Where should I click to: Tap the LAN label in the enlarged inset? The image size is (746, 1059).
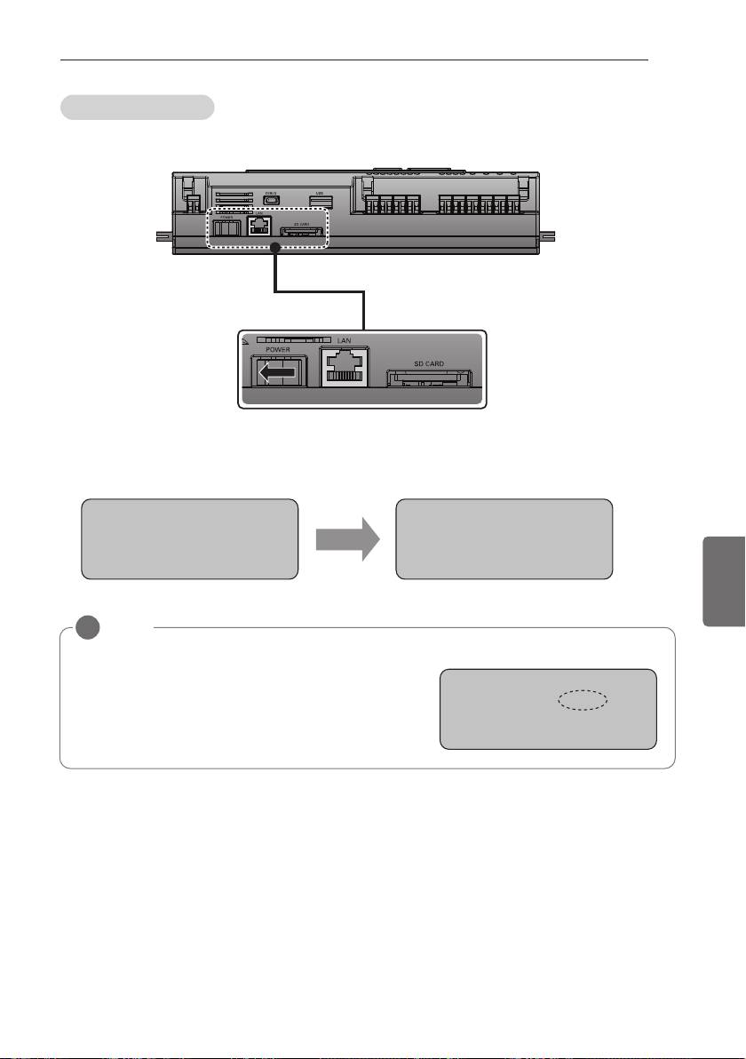click(343, 340)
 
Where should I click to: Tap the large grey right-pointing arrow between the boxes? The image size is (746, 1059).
click(346, 539)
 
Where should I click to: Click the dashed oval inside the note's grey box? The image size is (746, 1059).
click(582, 701)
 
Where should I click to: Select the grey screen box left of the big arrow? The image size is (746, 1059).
click(188, 539)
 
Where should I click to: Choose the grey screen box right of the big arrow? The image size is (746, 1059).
click(504, 539)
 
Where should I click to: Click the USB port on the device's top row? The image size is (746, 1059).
click(321, 199)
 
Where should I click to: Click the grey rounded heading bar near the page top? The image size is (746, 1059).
click(137, 107)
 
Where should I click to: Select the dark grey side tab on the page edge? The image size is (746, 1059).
click(721, 579)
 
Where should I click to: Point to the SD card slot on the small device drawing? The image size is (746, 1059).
click(300, 234)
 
